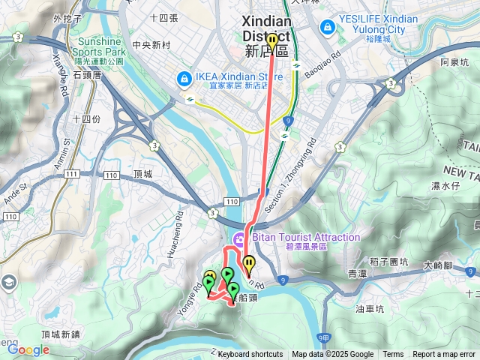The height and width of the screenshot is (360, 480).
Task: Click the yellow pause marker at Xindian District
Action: pyautogui.click(x=272, y=40)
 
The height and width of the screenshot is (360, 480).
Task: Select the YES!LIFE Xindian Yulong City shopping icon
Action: pyautogui.click(x=327, y=28)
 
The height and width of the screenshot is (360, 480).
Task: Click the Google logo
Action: pyautogui.click(x=28, y=349)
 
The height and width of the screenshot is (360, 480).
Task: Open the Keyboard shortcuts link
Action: pyautogui.click(x=250, y=355)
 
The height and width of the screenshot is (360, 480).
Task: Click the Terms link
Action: pyautogui.click(x=393, y=355)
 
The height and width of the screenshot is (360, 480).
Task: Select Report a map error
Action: pyautogui.click(x=445, y=355)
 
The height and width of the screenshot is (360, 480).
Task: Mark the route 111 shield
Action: pyautogui.click(x=71, y=174)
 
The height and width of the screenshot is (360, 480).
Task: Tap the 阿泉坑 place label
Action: pyautogui.click(x=454, y=62)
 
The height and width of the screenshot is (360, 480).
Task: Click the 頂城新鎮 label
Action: pyautogui.click(x=61, y=334)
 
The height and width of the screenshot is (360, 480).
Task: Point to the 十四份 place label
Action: pyautogui.click(x=87, y=118)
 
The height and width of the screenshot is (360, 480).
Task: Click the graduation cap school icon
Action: pyautogui.click(x=8, y=283)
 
